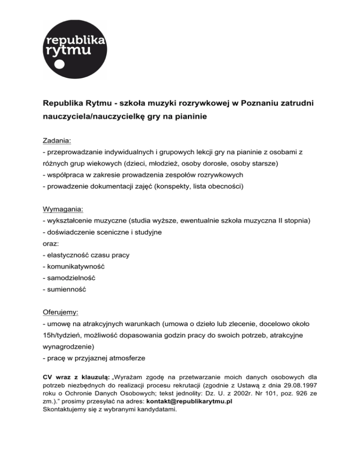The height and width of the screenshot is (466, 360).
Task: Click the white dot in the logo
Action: [58, 65]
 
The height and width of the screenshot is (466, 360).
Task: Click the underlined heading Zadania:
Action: [57, 140]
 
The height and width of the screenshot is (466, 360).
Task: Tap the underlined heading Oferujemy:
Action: [60, 311]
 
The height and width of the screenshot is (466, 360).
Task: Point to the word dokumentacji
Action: [120, 188]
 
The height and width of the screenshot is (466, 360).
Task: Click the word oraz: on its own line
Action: [50, 244]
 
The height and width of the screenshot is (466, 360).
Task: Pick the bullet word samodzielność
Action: [71, 278]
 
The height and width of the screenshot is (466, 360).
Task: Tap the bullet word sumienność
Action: [66, 290]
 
